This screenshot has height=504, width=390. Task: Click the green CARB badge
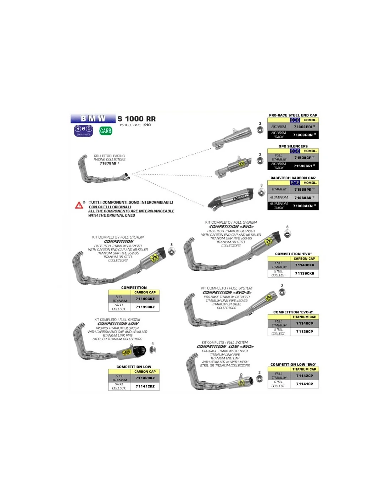106,131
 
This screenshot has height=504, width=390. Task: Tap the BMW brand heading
93,118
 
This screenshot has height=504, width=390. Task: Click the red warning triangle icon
79,205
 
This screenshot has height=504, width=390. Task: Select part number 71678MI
108,163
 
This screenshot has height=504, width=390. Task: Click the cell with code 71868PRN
304,135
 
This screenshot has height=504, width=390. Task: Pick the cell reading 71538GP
304,157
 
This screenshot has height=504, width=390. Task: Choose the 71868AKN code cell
304,206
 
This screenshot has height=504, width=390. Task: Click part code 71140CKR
305,265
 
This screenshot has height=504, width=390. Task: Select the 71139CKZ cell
145,307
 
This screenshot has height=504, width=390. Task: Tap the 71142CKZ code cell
145,378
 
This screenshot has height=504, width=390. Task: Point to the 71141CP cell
305,384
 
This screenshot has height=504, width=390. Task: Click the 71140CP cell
305,323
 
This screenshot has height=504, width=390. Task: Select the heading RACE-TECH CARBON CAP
293,178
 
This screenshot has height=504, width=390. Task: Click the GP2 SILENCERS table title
293,146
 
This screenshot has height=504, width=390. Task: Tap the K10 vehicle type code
147,125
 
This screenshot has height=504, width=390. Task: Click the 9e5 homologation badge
83,130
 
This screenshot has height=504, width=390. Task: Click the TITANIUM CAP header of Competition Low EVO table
304,369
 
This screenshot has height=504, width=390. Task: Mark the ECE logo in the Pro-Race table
295,120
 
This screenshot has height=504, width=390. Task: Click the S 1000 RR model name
136,119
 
